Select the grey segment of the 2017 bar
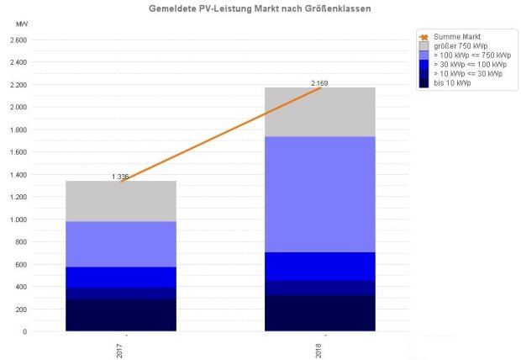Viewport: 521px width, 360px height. point(121,201)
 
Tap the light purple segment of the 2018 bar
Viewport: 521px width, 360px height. point(320,193)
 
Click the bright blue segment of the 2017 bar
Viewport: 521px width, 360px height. point(121,277)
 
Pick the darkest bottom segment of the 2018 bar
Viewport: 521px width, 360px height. point(320,313)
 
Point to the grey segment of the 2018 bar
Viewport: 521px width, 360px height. point(320,112)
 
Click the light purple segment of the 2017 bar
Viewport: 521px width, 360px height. point(121,244)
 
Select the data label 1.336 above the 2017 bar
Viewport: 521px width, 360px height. point(120,177)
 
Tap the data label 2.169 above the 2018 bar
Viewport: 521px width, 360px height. point(319,83)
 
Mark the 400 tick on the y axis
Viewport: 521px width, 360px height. point(23,287)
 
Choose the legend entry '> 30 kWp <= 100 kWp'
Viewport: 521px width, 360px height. point(470,65)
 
